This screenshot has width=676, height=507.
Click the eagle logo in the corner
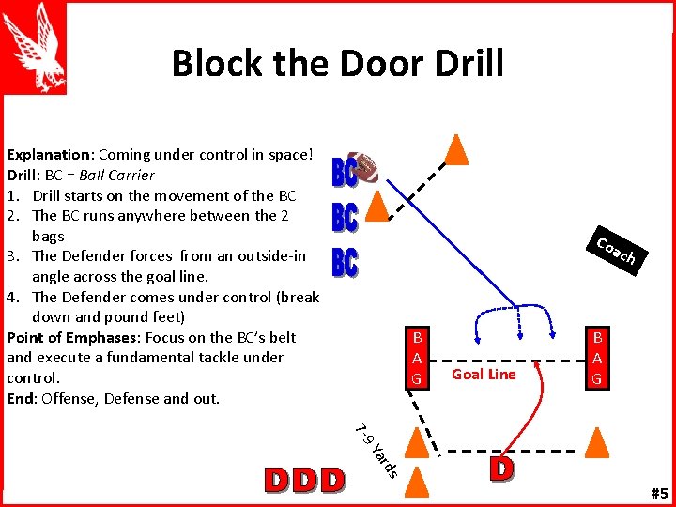pos(36,47)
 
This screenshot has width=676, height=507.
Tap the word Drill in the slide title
pos(465,64)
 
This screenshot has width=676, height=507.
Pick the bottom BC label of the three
pos(345,261)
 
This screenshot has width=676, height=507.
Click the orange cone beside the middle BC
pos(376,206)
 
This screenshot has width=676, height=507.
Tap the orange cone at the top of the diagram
pos(455,148)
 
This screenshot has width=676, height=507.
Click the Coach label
pos(617,251)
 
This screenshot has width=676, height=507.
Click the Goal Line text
pos(484,375)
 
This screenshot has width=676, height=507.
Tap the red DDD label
pos(304,480)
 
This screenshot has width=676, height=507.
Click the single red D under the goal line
pos(501,469)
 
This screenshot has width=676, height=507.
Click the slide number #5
pos(657,493)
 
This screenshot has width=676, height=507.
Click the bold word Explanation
pos(48,155)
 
